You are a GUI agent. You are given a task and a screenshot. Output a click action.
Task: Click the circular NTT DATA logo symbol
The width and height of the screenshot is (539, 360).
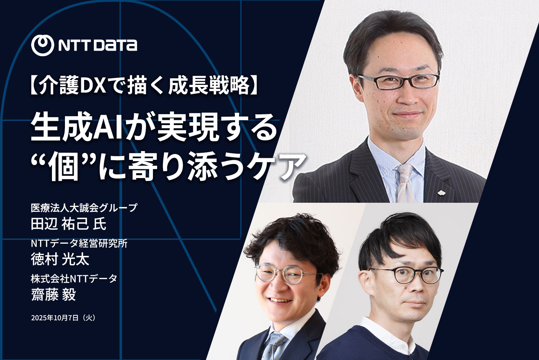[43, 45]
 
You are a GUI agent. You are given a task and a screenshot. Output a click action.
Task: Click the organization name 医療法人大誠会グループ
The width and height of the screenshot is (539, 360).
[84, 208]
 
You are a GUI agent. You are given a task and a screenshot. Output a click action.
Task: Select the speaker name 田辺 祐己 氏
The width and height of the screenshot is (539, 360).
[69, 224]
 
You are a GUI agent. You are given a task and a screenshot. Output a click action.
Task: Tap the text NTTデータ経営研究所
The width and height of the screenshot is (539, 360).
[79, 244]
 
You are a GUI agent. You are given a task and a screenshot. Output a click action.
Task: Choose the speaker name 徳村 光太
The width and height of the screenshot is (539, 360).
[60, 259]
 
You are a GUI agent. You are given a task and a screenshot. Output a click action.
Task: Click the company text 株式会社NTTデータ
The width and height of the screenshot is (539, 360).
[74, 278]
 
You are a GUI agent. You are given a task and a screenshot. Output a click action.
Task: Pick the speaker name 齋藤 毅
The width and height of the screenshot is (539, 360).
[54, 294]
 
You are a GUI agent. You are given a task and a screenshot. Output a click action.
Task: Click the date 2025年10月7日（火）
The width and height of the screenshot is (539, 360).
[64, 318]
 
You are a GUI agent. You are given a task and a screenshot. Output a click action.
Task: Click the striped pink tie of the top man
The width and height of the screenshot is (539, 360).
[405, 183]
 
